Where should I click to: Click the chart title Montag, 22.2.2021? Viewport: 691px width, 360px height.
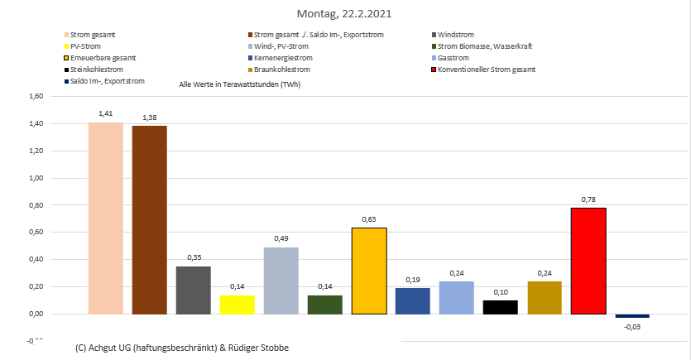point(345,14)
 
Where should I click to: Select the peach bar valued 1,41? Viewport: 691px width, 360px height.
point(105,218)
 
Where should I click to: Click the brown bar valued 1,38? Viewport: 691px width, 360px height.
point(149,220)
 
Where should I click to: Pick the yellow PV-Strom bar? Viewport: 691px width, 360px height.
point(237,305)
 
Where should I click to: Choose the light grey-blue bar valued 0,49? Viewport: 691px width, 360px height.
point(281,281)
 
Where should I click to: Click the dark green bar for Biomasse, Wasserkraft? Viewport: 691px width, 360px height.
point(324,305)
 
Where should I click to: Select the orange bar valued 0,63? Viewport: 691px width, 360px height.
point(369,271)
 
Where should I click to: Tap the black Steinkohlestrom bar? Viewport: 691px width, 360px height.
point(501,307)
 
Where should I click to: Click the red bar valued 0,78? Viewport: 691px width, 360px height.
point(588,261)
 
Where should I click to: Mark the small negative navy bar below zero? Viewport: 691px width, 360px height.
point(632,316)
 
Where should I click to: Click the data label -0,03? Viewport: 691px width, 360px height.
point(632,328)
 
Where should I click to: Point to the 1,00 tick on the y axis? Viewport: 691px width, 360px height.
point(35,178)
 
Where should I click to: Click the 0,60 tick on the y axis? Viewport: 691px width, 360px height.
point(35,233)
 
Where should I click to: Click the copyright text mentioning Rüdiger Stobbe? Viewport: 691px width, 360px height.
point(182,348)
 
